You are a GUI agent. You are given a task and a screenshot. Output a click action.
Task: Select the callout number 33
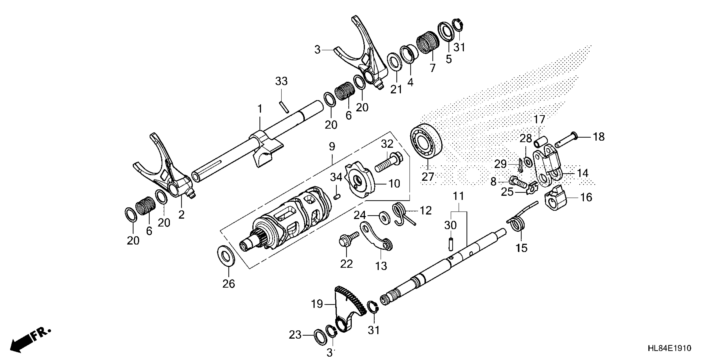pyautogui.click(x=281, y=81)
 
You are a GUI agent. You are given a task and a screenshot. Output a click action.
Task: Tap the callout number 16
pyautogui.click(x=586, y=197)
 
